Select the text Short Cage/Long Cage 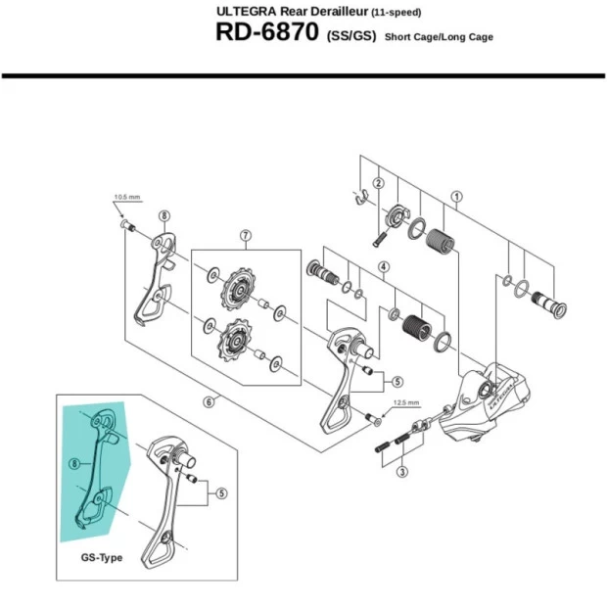pos(439,37)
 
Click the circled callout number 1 pos(456,196)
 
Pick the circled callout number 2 pos(378,183)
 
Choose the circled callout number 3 pos(401,472)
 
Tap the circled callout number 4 pos(384,266)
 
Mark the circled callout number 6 pos(208,401)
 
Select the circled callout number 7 pos(246,235)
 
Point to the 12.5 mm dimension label pos(405,401)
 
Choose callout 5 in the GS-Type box pos(221,494)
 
